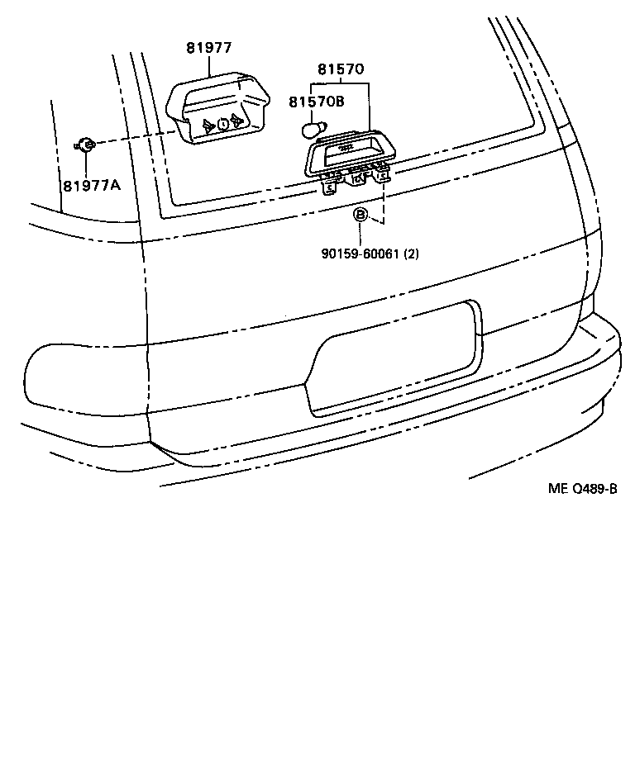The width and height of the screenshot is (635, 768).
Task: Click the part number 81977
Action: click(208, 49)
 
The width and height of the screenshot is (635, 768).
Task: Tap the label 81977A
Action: click(92, 185)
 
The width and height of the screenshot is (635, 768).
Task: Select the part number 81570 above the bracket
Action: click(341, 69)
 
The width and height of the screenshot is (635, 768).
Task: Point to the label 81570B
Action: click(317, 102)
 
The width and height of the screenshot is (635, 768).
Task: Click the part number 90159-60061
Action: click(361, 254)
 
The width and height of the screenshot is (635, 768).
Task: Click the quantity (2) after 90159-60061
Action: click(411, 254)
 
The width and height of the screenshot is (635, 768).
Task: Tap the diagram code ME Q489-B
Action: click(582, 488)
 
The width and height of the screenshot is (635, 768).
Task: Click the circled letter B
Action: click(360, 216)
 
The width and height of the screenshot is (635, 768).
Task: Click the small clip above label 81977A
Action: click(87, 145)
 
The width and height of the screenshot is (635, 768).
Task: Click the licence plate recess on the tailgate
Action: click(393, 359)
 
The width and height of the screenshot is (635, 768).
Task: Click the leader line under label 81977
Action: click(208, 65)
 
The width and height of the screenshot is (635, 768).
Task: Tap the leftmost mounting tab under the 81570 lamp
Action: click(329, 187)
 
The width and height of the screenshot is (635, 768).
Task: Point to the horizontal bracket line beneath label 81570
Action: click(341, 85)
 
